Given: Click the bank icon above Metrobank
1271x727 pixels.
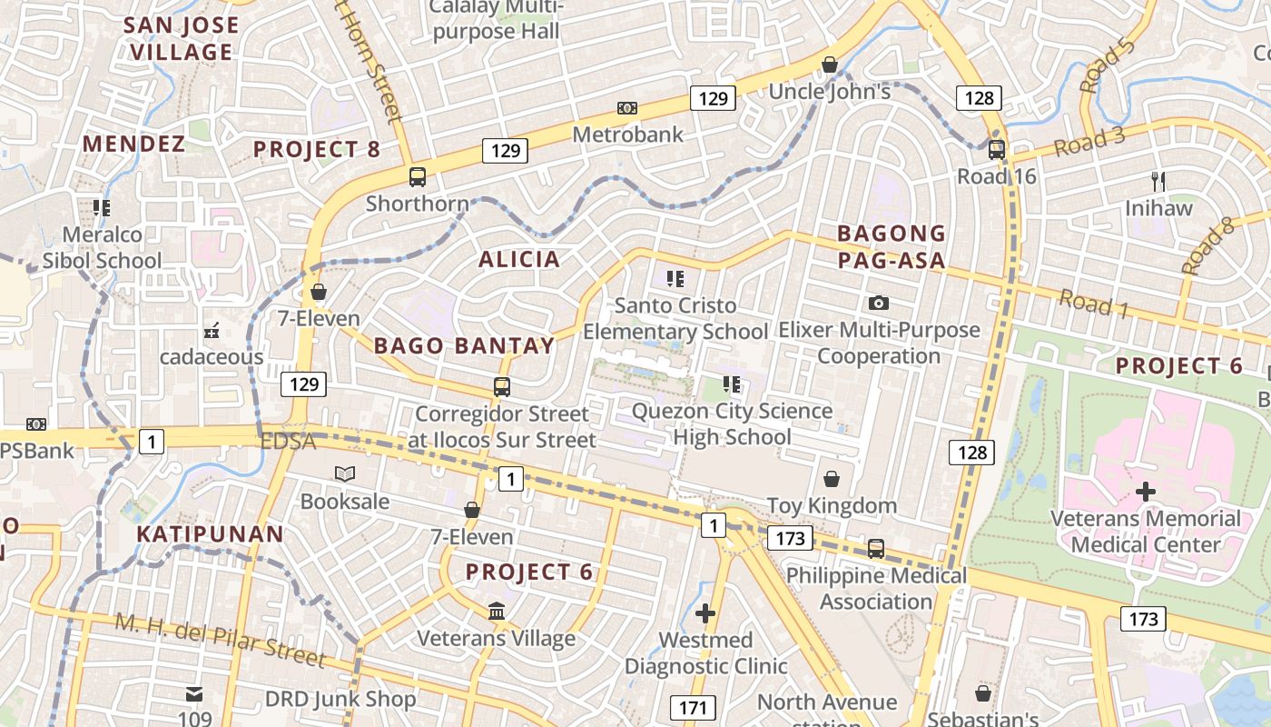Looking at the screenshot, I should [x=626, y=108].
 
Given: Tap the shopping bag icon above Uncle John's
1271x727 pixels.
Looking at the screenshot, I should [x=829, y=65].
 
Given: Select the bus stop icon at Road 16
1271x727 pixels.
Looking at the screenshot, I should [x=996, y=149].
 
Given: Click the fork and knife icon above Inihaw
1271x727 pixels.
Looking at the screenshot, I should [x=1158, y=181].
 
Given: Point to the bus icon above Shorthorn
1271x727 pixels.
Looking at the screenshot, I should [x=418, y=177].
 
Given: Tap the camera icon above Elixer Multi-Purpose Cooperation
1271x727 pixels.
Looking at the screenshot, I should [x=878, y=303].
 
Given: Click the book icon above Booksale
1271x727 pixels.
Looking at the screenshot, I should [x=344, y=473].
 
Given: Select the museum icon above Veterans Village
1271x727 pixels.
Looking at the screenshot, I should [x=497, y=612].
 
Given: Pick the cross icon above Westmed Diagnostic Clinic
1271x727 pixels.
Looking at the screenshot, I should [x=705, y=613].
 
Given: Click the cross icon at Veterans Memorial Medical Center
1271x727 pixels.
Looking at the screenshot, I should [x=1146, y=492].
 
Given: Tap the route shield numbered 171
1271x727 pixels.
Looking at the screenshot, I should [x=694, y=706].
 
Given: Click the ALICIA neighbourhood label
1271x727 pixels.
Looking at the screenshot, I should [x=519, y=260].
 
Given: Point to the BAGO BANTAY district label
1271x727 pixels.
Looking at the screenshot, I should [x=464, y=345].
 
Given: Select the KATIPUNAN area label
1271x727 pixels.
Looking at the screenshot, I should [x=211, y=533].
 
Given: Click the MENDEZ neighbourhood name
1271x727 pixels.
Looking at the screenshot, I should [x=134, y=144].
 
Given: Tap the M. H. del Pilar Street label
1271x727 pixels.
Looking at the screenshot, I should [x=220, y=638].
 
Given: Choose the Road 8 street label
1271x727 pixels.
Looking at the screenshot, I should [x=1208, y=246].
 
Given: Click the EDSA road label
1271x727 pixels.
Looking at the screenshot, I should [x=287, y=442].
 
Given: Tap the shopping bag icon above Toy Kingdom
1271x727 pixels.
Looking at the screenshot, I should [x=831, y=479].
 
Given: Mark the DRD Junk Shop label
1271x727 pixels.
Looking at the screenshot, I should [x=340, y=699].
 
